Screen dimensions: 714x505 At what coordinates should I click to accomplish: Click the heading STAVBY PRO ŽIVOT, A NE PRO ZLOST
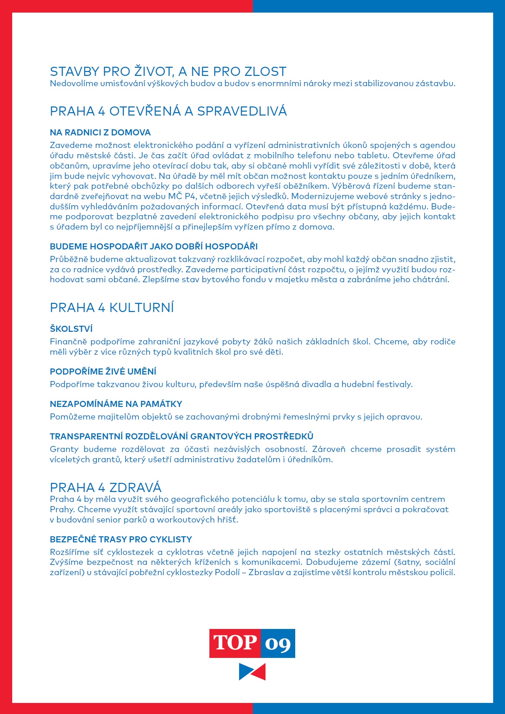pyautogui.click(x=168, y=71)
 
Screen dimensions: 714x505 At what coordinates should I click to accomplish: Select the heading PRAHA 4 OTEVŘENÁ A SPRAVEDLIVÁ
pyautogui.click(x=168, y=111)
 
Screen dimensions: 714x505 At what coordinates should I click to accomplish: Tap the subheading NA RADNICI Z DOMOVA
pyautogui.click(x=100, y=132)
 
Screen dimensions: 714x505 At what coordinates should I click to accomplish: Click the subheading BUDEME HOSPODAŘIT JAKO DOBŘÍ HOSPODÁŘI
pyautogui.click(x=154, y=246)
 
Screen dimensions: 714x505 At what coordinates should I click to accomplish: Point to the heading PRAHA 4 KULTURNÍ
pyautogui.click(x=112, y=307)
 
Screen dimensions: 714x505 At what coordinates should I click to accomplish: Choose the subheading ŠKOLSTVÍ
pyautogui.click(x=71, y=329)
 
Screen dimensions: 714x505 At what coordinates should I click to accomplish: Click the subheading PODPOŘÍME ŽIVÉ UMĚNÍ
pyautogui.click(x=103, y=371)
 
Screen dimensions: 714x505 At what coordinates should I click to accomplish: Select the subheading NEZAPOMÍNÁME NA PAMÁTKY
pyautogui.click(x=116, y=404)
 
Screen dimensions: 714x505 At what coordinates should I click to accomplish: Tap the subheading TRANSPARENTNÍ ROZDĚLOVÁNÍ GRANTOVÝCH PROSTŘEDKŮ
pyautogui.click(x=182, y=436)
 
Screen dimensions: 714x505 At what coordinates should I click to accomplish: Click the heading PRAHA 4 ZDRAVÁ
pyautogui.click(x=106, y=487)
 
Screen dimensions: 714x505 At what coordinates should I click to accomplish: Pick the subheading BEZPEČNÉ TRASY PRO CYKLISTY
pyautogui.click(x=121, y=539)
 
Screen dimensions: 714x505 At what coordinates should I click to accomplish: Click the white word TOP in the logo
pyautogui.click(x=235, y=643)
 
